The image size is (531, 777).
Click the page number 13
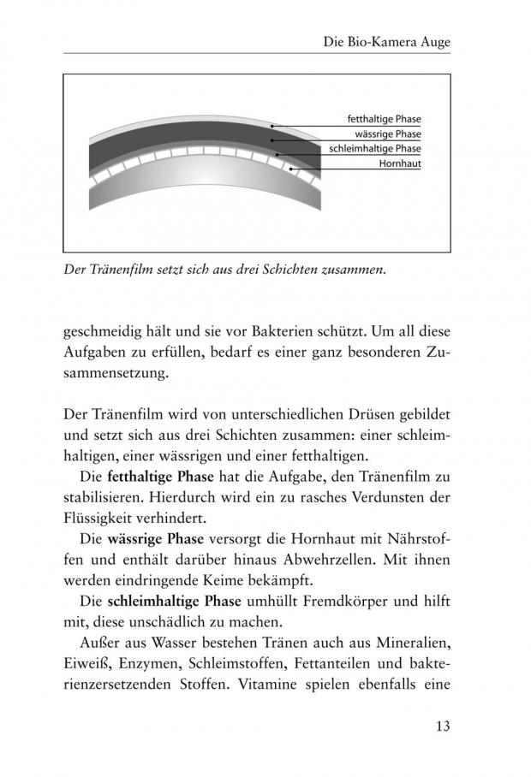[x=442, y=727]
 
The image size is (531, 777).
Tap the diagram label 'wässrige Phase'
[x=388, y=134]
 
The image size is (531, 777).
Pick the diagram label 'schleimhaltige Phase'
[x=375, y=148]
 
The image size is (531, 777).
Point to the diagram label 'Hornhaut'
[x=400, y=163]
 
